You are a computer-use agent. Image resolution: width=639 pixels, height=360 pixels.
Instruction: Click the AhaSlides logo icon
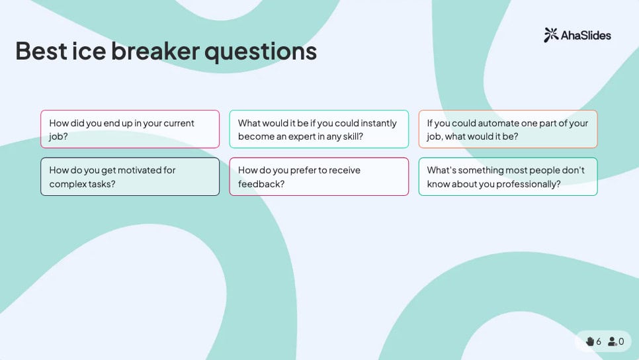[x=551, y=35]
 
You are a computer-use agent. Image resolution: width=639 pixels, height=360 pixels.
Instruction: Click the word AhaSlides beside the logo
[x=586, y=36]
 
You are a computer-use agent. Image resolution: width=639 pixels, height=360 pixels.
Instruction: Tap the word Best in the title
[x=41, y=51]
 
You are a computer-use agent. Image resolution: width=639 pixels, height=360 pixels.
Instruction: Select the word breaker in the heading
[x=155, y=51]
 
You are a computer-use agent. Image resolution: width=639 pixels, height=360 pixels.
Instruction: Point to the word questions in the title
[x=261, y=52]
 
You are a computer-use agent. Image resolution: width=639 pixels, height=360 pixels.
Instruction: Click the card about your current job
[x=130, y=129]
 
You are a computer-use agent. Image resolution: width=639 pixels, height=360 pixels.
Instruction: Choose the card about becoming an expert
[x=319, y=129]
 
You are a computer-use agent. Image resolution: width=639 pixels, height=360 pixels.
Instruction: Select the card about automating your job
[x=508, y=129]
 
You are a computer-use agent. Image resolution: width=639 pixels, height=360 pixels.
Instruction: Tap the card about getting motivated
[x=130, y=177]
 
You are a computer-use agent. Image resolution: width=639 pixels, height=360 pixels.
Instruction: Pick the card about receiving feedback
[x=319, y=177]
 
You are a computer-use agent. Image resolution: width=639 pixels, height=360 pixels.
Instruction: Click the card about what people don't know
[x=508, y=177]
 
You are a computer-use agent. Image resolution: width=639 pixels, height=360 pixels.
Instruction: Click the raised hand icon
[x=589, y=341]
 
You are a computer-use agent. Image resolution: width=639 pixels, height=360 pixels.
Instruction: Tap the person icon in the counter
[x=612, y=341]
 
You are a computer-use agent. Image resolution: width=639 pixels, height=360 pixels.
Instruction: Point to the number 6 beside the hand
[x=598, y=341]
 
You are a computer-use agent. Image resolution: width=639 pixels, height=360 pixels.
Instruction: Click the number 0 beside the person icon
[x=621, y=341]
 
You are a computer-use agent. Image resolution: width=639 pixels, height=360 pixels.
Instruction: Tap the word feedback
[x=261, y=184]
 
